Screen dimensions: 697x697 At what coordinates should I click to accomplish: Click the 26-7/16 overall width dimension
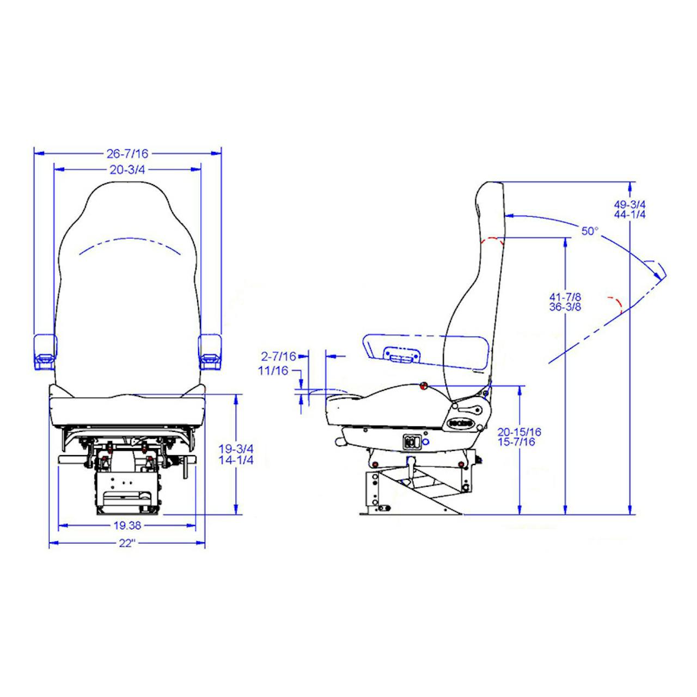127,154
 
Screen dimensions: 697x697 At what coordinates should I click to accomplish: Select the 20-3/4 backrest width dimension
127,170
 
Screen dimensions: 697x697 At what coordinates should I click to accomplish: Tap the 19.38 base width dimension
127,525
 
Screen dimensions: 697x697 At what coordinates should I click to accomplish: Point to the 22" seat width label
127,543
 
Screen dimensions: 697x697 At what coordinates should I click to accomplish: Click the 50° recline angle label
590,231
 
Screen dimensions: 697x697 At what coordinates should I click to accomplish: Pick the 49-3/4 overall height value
629,204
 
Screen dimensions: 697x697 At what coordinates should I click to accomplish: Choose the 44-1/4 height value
629,215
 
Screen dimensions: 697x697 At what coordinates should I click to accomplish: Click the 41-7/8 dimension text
565,297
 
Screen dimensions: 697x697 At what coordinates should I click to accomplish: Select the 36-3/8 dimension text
565,308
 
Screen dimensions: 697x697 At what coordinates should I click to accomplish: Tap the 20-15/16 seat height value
519,431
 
